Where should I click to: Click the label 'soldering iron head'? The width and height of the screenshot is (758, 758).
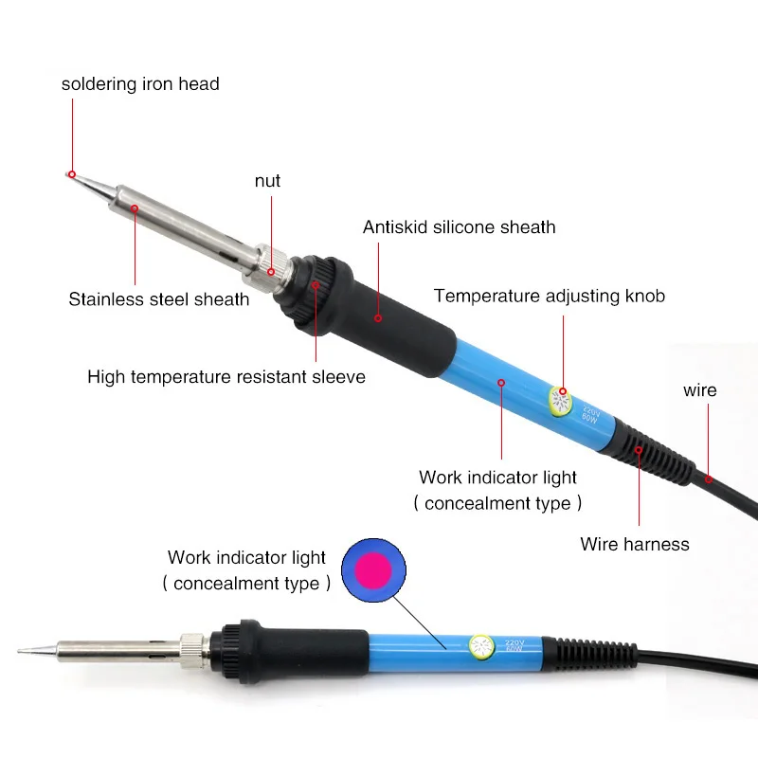click(140, 84)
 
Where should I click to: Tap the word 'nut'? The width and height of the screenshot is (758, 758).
click(268, 180)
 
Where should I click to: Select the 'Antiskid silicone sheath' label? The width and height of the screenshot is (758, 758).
click(459, 227)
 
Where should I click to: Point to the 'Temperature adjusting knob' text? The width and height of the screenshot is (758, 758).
click(550, 296)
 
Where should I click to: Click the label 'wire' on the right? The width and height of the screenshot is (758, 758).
click(700, 390)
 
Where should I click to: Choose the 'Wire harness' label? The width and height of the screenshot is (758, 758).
click(635, 544)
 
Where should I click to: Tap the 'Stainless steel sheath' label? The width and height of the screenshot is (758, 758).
click(159, 299)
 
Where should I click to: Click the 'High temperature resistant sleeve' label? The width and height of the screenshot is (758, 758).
click(226, 377)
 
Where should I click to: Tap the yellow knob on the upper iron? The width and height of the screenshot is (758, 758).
click(560, 402)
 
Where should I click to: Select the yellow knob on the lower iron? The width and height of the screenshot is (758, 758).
click(482, 648)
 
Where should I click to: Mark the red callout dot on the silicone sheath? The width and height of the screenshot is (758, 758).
click(378, 316)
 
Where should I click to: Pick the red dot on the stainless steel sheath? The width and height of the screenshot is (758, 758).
click(135, 208)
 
